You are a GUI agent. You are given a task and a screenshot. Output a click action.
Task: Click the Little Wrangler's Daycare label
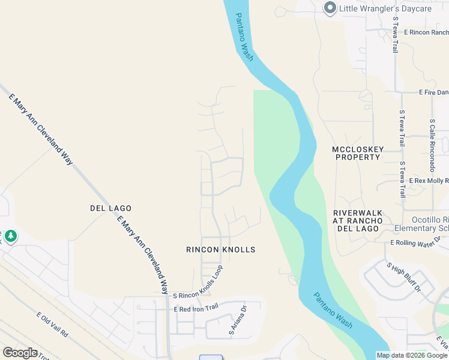[387, 8]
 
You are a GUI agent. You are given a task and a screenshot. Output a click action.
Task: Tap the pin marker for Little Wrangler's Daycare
[330, 8]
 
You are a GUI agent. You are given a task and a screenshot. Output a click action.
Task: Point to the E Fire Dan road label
[433, 92]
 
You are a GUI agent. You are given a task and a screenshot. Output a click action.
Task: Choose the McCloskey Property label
[356, 153]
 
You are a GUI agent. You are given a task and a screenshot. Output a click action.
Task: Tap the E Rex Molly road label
[429, 181]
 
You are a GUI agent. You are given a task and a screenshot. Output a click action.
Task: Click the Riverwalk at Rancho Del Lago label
[358, 221]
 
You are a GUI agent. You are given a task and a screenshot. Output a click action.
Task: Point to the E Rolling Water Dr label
[415, 242]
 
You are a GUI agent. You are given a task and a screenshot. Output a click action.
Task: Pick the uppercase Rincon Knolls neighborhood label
[221, 250]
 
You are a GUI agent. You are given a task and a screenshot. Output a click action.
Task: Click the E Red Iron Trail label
[196, 309]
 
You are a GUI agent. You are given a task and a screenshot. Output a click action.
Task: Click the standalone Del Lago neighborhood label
[110, 208]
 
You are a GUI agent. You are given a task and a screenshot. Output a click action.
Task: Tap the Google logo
[20, 353]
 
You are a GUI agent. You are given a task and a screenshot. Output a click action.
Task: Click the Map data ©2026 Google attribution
[412, 355]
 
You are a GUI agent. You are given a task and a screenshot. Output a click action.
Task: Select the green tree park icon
[10, 237]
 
